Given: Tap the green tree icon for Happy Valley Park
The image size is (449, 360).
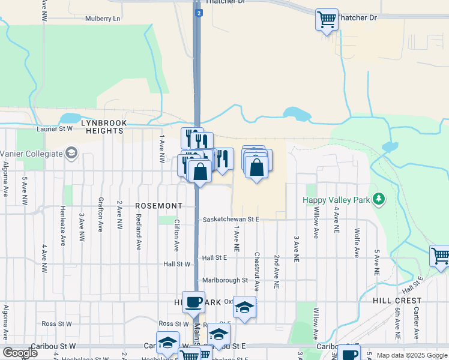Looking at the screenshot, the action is pyautogui.click(x=379, y=199).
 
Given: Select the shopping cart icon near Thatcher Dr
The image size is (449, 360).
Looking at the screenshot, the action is pyautogui.click(x=327, y=20).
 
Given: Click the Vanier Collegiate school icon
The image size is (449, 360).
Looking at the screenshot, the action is pyautogui.click(x=72, y=153).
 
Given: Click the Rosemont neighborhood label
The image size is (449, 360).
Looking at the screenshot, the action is pyautogui.click(x=158, y=206).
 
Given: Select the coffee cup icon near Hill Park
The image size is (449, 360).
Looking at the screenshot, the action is pyautogui.click(x=193, y=302).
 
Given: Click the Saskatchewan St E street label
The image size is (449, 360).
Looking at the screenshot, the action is pyautogui.click(x=231, y=220).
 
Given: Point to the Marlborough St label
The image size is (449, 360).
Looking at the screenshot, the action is pyautogui.click(x=225, y=280).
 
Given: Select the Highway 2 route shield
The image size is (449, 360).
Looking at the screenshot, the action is pyautogui.click(x=198, y=11).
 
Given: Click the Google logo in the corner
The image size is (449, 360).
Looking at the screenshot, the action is pyautogui.click(x=20, y=352).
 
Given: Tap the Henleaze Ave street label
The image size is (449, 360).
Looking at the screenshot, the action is pyautogui.click(x=62, y=226).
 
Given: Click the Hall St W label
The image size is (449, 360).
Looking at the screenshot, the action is pyautogui.click(x=176, y=264).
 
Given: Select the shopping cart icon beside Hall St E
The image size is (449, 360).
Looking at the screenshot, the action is pyautogui.click(x=440, y=256).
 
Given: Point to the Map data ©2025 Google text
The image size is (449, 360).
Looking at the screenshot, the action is pyautogui.click(x=412, y=355).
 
